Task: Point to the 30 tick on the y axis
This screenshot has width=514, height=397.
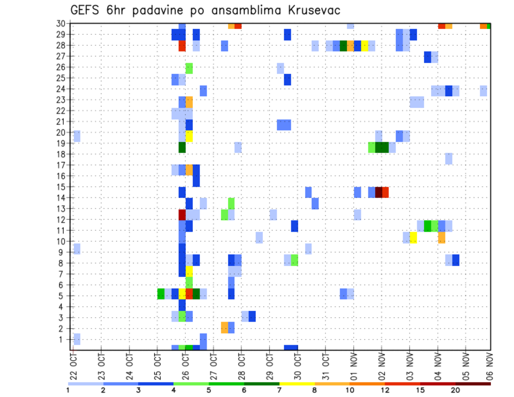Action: (61, 24)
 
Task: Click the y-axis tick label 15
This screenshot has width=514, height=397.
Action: (61, 187)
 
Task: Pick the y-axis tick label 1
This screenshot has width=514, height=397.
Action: (63, 339)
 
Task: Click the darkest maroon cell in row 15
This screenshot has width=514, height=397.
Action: (379, 192)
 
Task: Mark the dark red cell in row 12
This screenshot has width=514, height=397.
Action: (182, 215)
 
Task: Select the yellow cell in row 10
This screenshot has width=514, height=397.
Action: (413, 238)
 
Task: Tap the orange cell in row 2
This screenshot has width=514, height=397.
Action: (224, 327)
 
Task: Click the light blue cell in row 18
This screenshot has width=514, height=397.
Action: (449, 158)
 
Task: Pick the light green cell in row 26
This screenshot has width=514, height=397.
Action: (189, 68)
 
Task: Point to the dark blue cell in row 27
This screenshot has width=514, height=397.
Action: (427, 57)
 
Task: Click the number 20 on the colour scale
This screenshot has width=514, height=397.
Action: (456, 390)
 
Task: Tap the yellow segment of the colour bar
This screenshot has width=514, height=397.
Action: (297, 384)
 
